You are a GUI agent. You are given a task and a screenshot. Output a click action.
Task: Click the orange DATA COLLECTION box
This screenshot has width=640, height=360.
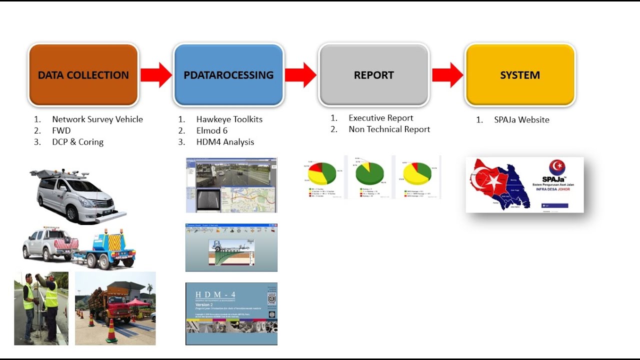(x=83, y=75)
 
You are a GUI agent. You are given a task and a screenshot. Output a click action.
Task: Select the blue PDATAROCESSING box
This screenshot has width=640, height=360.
(x=228, y=75)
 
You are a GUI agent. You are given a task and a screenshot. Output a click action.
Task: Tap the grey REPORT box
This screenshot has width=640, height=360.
(x=374, y=75)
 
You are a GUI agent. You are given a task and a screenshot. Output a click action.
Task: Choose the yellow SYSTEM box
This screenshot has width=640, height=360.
(x=520, y=75)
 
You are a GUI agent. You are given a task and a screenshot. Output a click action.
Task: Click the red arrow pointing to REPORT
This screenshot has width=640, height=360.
(x=301, y=75)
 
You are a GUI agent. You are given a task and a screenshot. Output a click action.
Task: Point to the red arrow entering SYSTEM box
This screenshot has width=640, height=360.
(x=447, y=75)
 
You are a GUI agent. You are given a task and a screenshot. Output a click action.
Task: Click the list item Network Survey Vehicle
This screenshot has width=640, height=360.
(x=97, y=119)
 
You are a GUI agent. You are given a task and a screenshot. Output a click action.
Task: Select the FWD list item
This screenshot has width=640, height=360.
(x=61, y=130)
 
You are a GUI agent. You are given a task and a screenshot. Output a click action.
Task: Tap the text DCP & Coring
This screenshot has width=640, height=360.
(x=77, y=142)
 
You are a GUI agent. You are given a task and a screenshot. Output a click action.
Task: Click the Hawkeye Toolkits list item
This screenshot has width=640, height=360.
(x=229, y=119)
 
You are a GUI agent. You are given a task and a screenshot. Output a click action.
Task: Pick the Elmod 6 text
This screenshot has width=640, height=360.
(x=211, y=130)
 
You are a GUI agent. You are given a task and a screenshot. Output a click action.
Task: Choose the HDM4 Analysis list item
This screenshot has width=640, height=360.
(x=225, y=142)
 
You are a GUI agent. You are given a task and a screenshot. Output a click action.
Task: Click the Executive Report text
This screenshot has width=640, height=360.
(x=380, y=118)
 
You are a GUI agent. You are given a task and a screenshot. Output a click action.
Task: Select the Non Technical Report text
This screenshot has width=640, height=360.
(x=389, y=129)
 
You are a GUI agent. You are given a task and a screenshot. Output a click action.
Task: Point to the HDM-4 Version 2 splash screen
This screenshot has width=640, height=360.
(x=231, y=313)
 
